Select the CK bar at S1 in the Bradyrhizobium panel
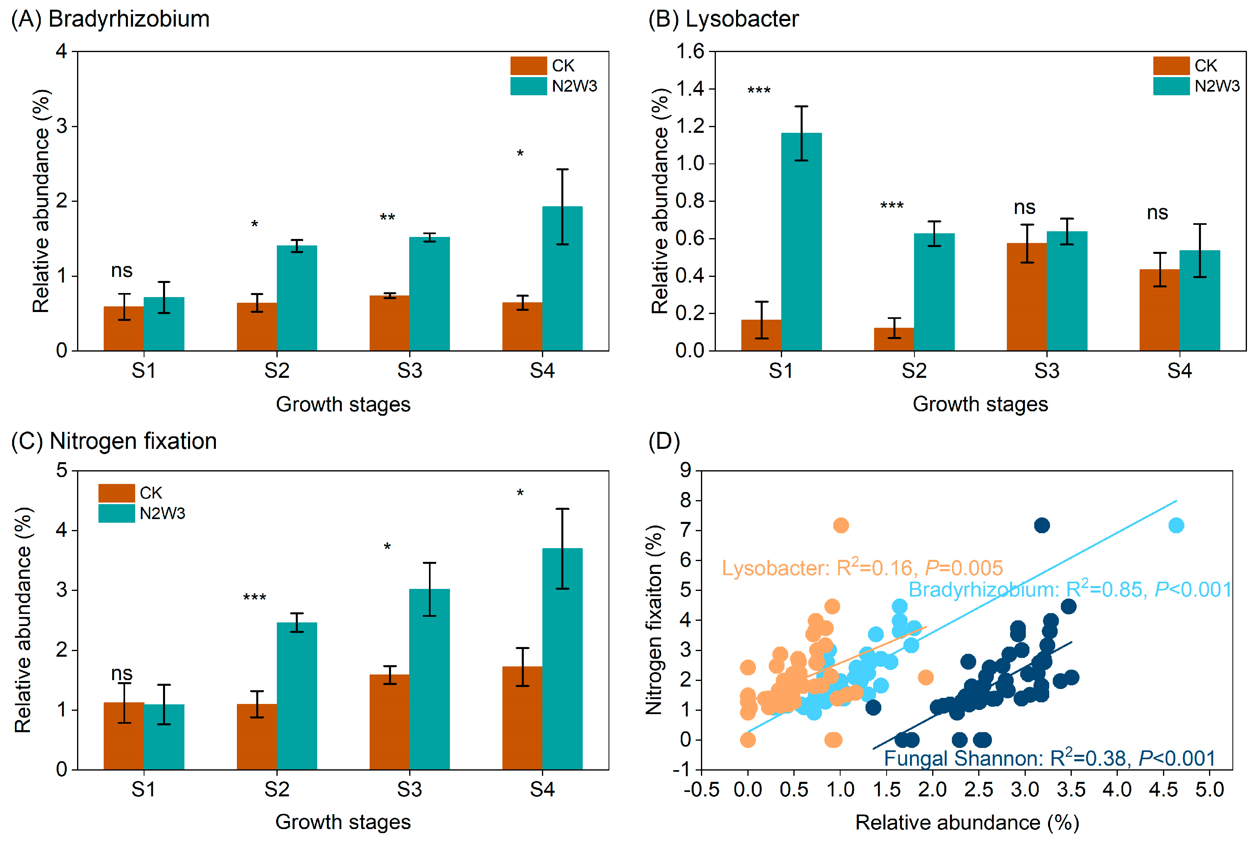click(x=124, y=328)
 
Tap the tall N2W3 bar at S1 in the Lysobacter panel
click(x=801, y=242)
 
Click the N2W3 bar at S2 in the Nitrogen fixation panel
click(x=297, y=695)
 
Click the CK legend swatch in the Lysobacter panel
click(x=1170, y=66)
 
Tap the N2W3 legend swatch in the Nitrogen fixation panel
click(x=116, y=513)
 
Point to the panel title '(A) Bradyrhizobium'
click(x=110, y=19)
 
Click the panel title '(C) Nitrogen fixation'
click(x=114, y=441)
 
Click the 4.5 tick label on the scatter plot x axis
click(x=1163, y=790)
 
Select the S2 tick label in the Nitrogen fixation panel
click(x=276, y=789)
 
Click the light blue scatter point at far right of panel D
click(x=1176, y=526)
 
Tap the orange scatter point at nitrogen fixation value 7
click(x=840, y=526)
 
